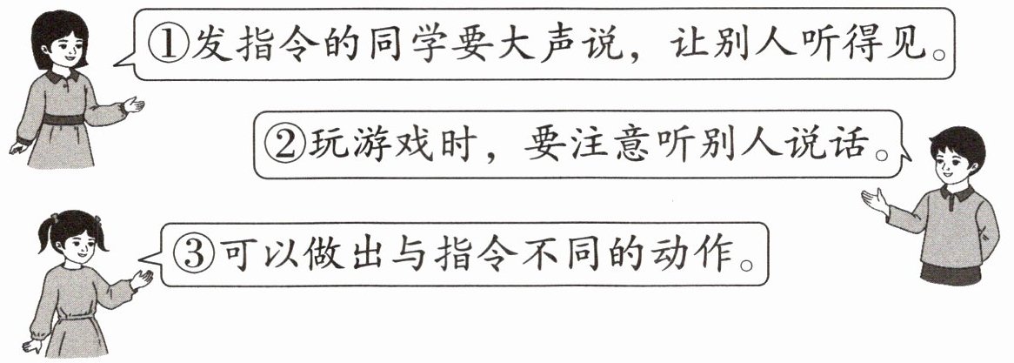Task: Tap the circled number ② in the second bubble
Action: (284, 145)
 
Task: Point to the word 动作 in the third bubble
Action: (691, 252)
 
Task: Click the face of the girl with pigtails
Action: (73, 243)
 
